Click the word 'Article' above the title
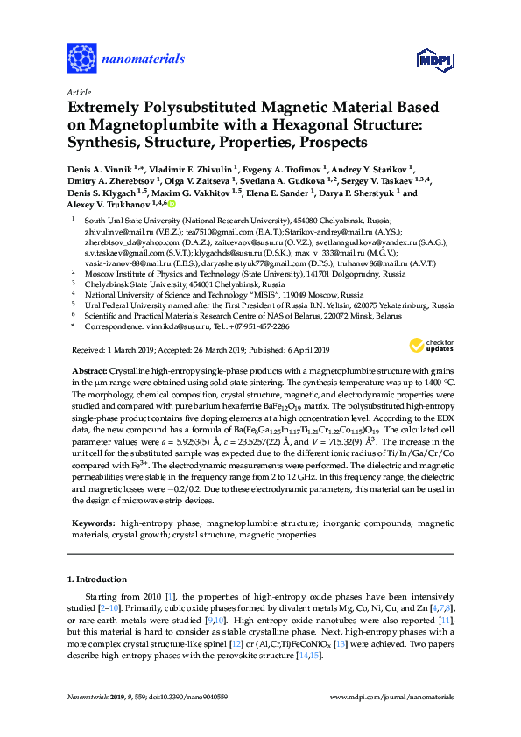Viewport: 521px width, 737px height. pyautogui.click(x=77, y=91)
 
